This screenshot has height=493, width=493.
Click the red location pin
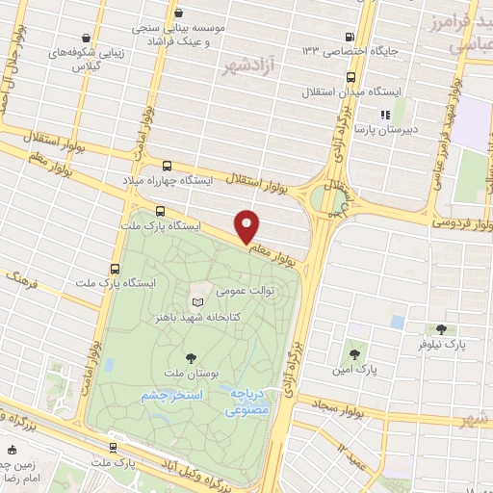coord(247,226)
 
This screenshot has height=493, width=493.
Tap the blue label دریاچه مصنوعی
coord(251,402)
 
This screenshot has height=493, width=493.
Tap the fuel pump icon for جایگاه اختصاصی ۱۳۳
coord(347,38)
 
